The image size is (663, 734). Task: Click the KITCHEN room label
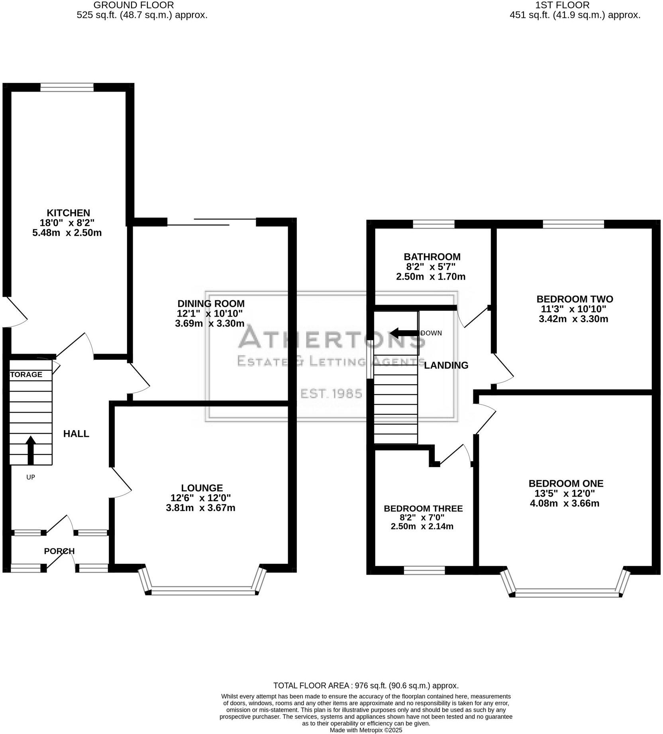[x=69, y=213]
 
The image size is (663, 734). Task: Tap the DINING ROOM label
[x=211, y=303]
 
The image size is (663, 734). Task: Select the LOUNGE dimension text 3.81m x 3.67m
[x=200, y=508]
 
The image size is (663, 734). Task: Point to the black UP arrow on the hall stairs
[x=31, y=450]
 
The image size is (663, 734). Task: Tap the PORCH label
[x=59, y=551]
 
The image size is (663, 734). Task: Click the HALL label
[x=76, y=434]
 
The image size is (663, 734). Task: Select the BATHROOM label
[x=432, y=257]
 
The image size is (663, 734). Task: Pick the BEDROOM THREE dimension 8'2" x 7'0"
[x=422, y=518]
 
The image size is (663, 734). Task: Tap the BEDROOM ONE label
[x=566, y=483]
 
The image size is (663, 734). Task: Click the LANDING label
[x=446, y=365]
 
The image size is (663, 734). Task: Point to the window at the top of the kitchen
[x=67, y=87]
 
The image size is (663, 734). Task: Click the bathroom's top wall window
[x=433, y=224]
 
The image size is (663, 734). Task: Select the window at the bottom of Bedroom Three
[x=424, y=570]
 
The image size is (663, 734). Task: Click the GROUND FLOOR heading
[x=133, y=5]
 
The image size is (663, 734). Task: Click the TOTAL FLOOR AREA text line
[x=366, y=686]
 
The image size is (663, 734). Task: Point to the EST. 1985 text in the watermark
[x=331, y=394]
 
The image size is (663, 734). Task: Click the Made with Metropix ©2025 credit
[x=366, y=730]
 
